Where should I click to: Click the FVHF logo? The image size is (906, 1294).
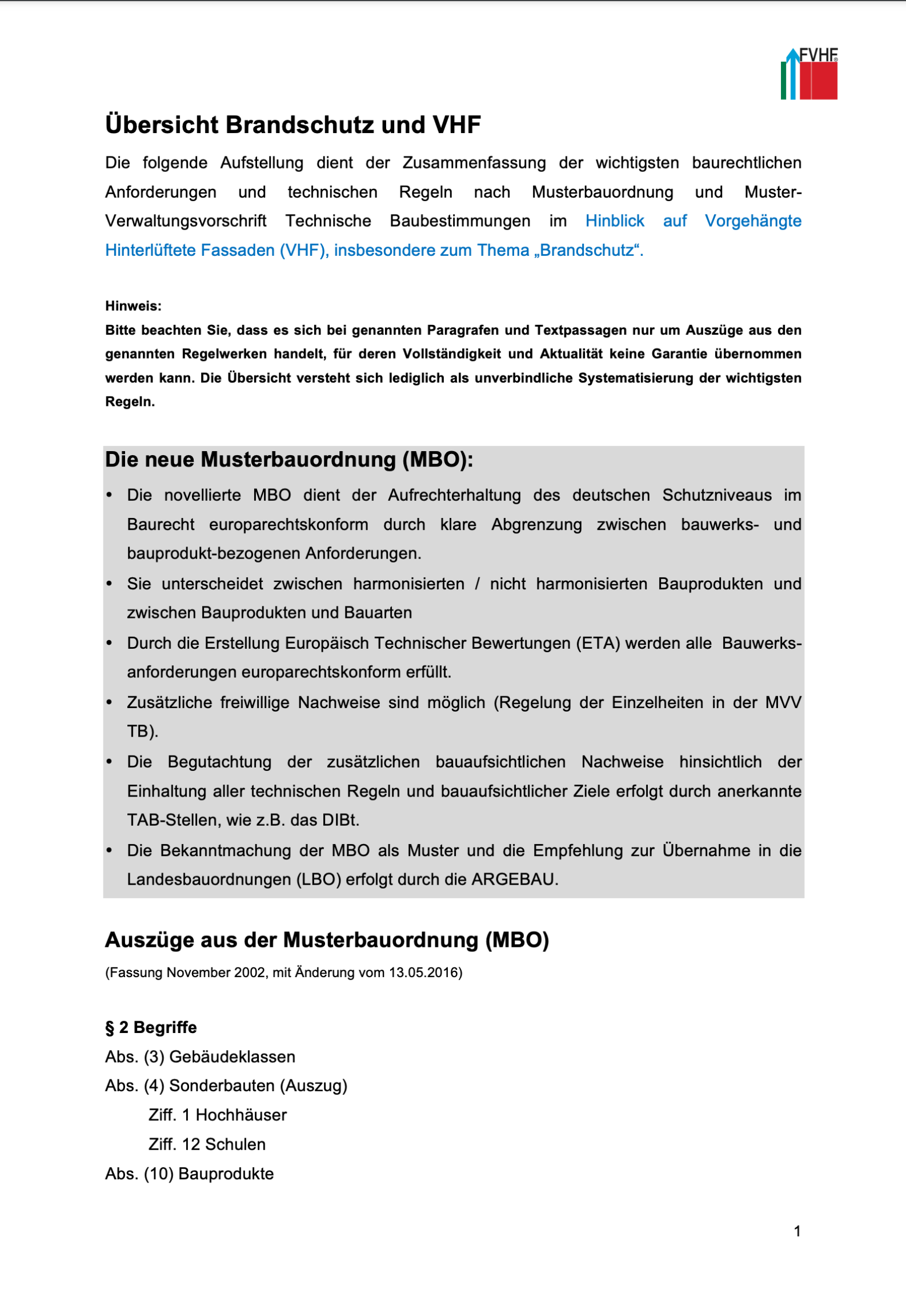click(809, 74)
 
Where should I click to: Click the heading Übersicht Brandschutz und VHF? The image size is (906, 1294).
click(292, 125)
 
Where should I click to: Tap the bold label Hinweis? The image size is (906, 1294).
click(133, 306)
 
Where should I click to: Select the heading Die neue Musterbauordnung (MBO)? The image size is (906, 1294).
click(289, 460)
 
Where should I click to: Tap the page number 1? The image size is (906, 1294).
click(797, 1231)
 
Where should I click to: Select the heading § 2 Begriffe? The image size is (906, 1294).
click(151, 1027)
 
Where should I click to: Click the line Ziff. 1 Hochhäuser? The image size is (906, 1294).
click(218, 1115)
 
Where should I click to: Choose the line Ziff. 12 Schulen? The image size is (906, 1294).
click(207, 1144)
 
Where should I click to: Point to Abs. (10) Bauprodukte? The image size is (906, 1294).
click(190, 1174)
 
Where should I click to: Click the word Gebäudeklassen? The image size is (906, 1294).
click(232, 1057)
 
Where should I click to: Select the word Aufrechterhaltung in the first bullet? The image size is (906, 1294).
click(454, 495)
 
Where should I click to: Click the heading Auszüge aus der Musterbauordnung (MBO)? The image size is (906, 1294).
click(327, 941)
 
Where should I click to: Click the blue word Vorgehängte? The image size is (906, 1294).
click(752, 221)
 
